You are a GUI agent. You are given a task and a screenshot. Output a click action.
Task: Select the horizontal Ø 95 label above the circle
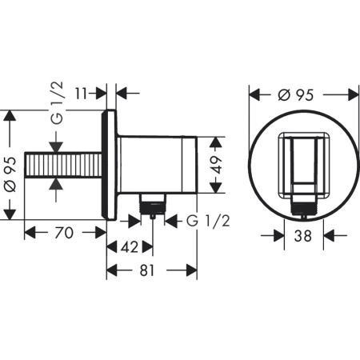click(x=302, y=94)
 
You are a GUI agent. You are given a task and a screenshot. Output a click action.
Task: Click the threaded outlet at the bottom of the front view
click(x=303, y=212)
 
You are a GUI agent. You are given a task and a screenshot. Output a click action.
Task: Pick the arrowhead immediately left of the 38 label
click(x=280, y=237)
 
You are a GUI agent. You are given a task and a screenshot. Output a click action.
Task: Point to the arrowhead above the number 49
click(x=214, y=142)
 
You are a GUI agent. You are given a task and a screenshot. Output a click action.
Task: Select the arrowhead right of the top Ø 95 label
click(x=350, y=94)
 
